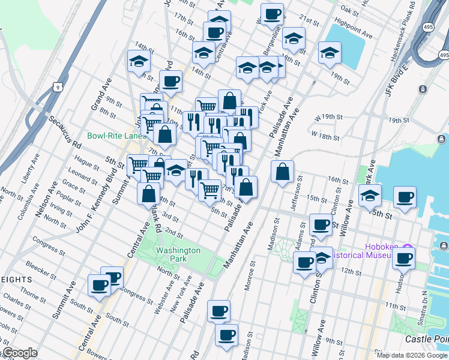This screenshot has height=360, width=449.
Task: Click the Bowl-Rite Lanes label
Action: [x=116, y=136]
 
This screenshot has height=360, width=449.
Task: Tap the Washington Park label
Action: [x=177, y=254]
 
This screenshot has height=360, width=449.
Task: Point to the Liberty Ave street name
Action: [x=26, y=169]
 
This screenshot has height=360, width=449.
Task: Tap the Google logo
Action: [x=19, y=353]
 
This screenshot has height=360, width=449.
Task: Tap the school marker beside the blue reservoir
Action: [x=330, y=53]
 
